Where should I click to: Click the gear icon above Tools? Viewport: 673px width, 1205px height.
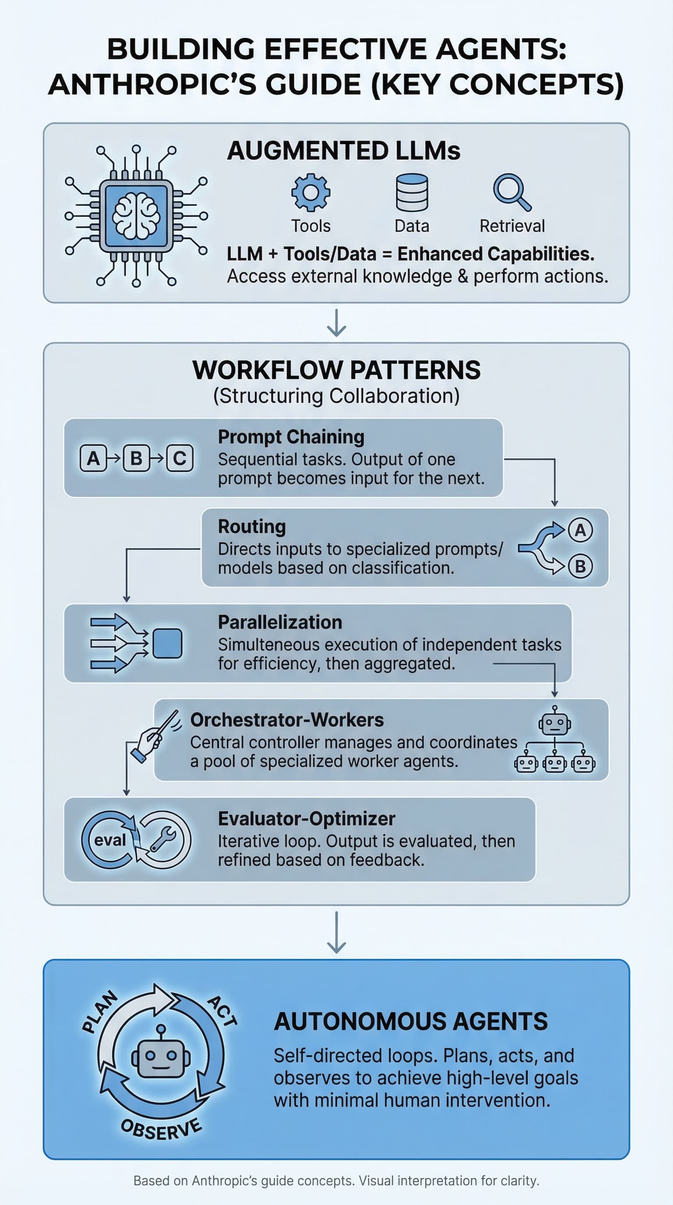311,192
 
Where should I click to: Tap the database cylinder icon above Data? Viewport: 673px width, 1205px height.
412,192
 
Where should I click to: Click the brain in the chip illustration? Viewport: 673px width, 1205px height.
136,215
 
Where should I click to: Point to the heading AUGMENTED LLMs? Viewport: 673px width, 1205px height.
344,151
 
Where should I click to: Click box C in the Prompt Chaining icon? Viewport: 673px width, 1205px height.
180,458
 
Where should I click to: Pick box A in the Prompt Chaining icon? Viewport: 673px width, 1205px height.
93,458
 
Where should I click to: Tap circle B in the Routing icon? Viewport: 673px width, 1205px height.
581,566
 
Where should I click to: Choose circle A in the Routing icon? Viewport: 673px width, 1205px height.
581,530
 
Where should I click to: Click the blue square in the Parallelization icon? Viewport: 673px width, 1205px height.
167,643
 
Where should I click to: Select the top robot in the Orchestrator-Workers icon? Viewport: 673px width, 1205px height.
555,721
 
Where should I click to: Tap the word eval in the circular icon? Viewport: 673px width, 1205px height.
110,840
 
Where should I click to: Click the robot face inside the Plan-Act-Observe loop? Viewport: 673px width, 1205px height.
160,1058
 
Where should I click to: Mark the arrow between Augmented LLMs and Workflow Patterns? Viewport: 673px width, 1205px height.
336,323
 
